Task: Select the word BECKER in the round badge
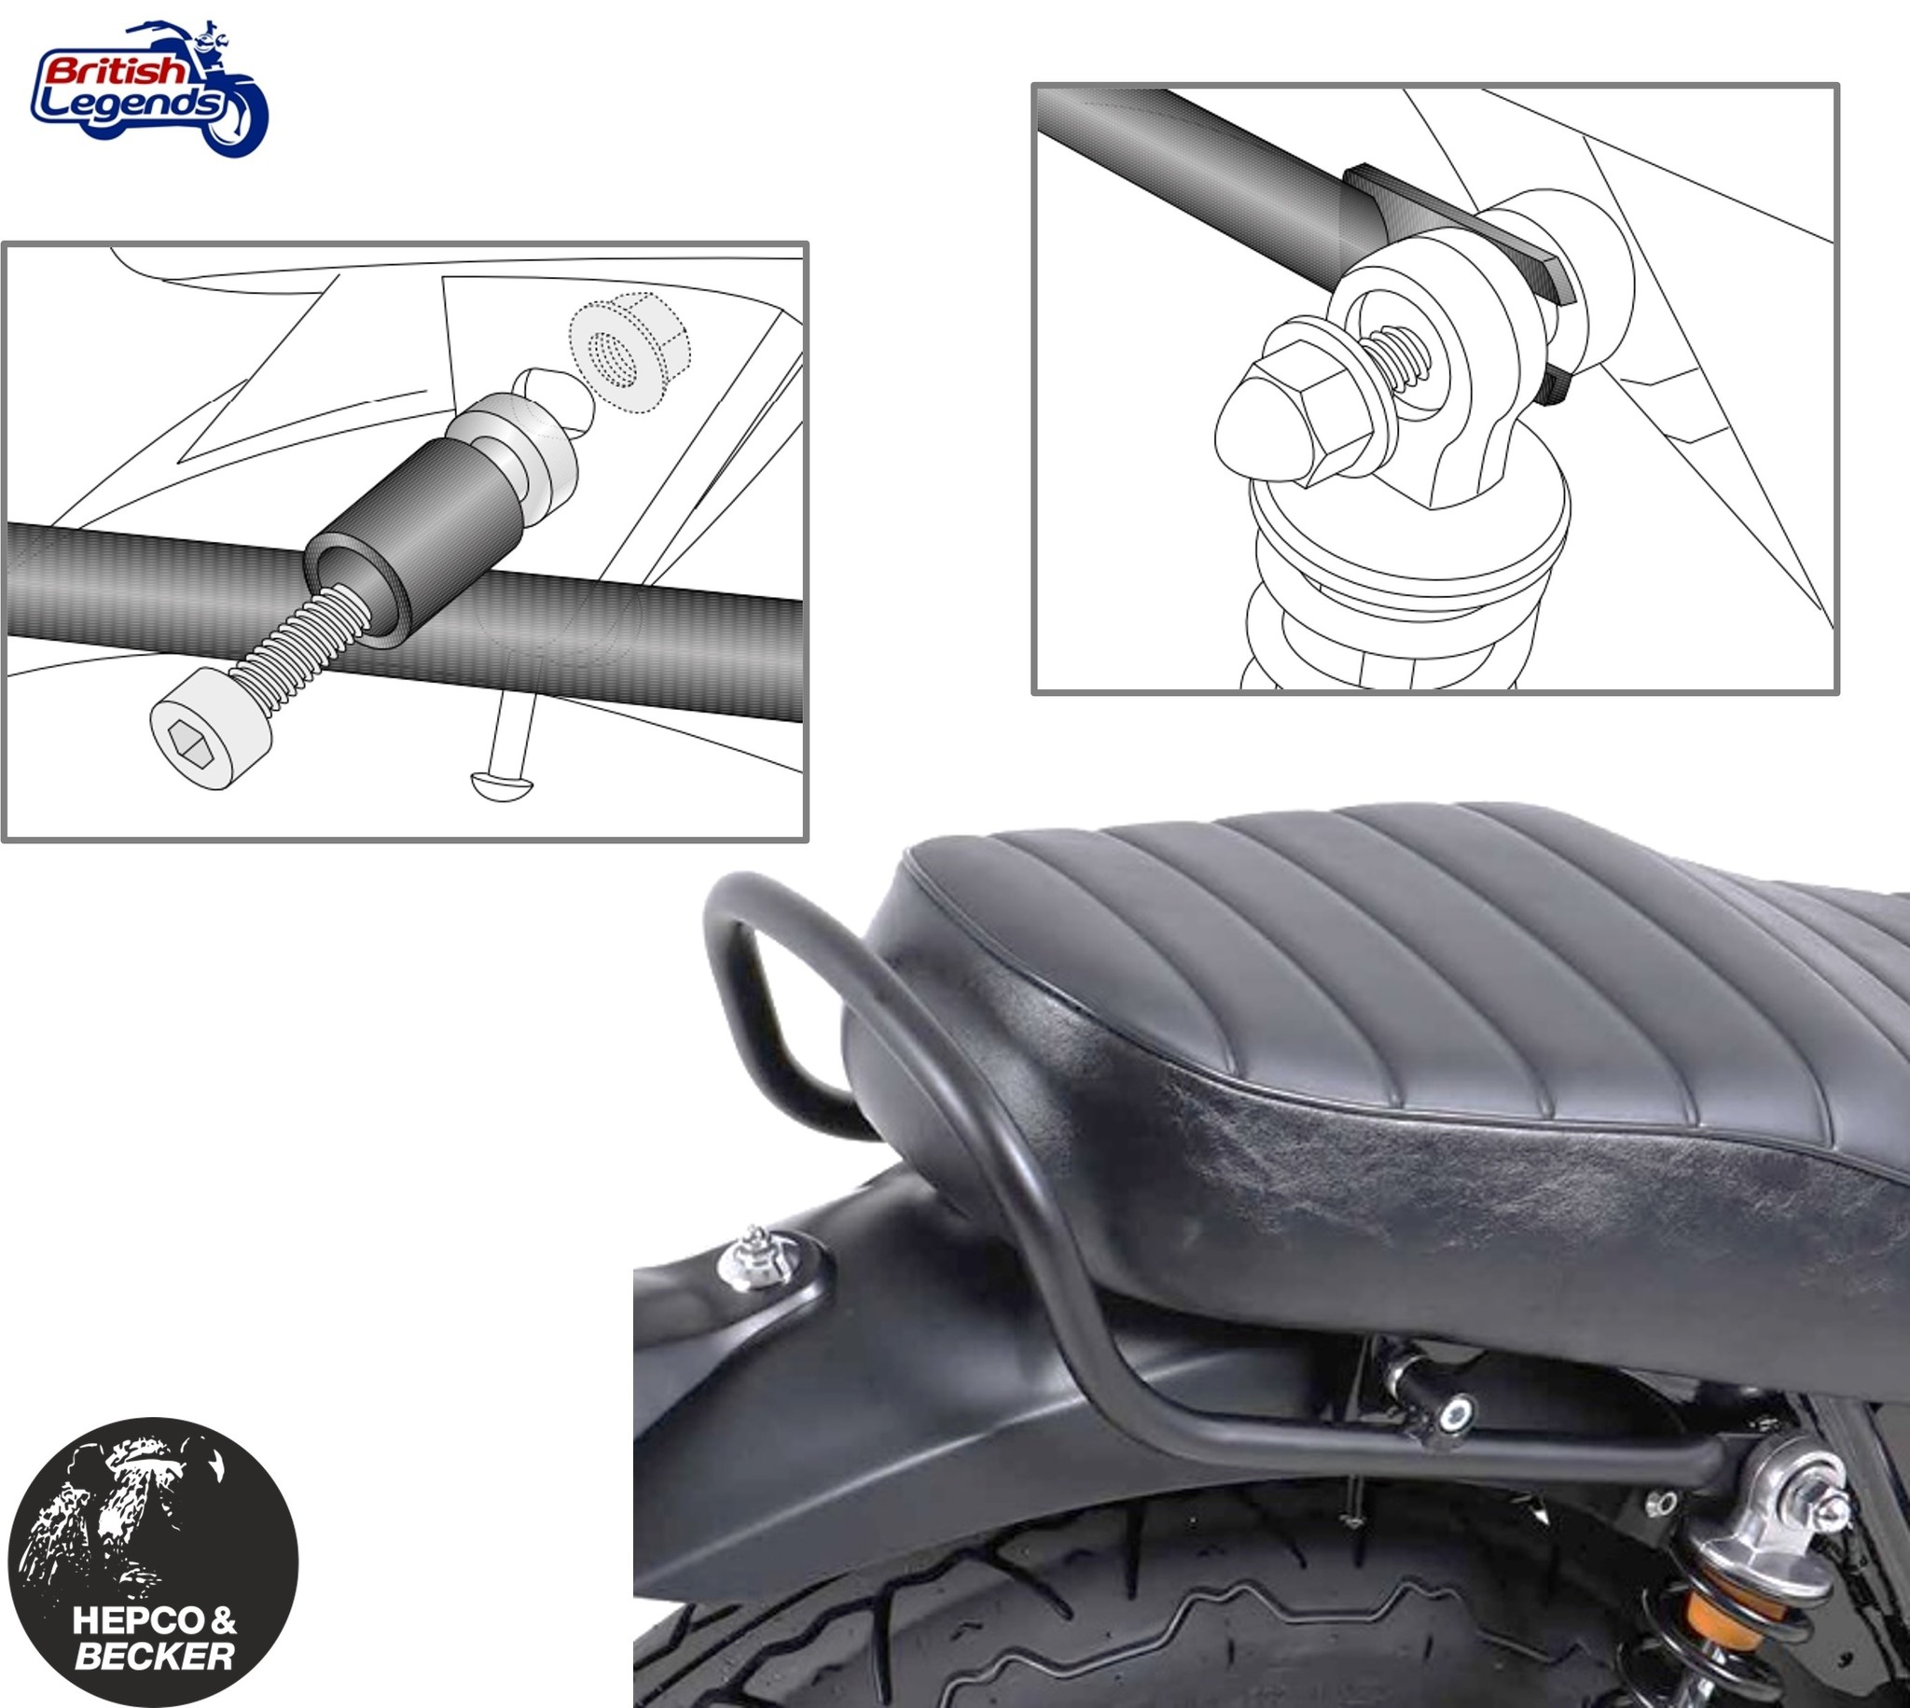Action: [154, 1657]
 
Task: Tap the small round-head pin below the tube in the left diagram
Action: [501, 782]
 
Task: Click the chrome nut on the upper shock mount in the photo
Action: [1818, 1508]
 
